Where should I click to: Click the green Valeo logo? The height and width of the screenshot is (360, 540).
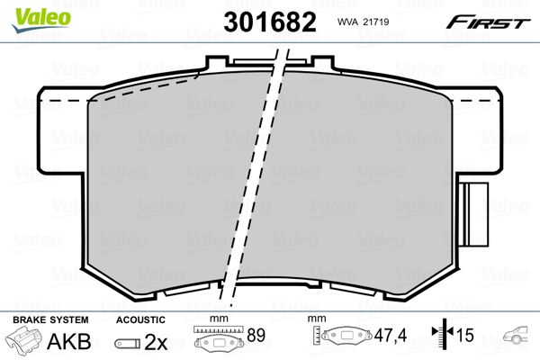[x=41, y=20]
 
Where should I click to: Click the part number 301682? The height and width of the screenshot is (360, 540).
[x=270, y=22]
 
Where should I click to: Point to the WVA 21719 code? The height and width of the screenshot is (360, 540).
[x=363, y=22]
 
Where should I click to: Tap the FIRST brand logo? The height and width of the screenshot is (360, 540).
[x=488, y=22]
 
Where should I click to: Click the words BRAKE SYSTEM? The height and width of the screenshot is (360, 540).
[x=50, y=319]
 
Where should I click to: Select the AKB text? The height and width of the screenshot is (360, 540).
[x=69, y=341]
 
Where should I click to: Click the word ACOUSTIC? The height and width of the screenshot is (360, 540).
[x=140, y=319]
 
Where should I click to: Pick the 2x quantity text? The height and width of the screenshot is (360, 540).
[x=156, y=342]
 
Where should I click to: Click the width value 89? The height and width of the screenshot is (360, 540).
[x=256, y=335]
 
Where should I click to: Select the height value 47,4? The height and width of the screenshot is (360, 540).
[x=391, y=335]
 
